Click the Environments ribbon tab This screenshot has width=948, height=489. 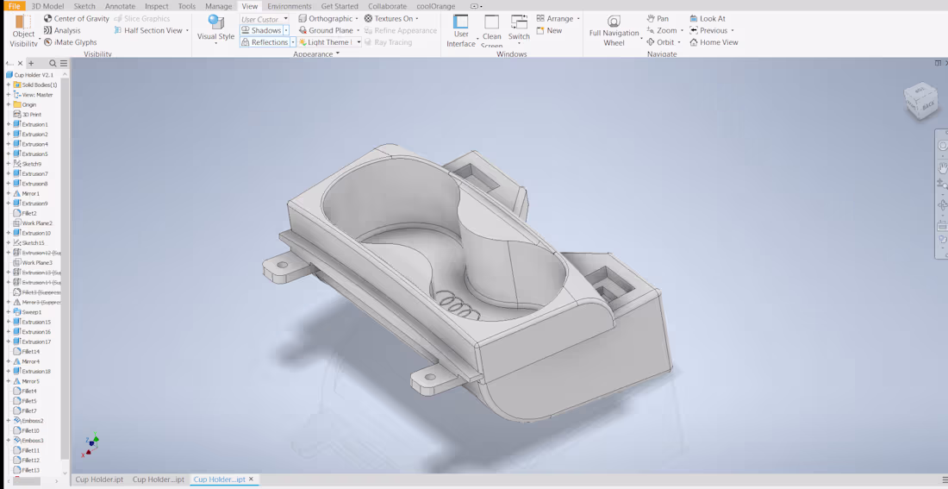[x=289, y=6]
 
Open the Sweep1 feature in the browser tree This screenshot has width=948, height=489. [x=32, y=312]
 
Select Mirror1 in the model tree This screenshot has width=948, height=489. [x=31, y=193]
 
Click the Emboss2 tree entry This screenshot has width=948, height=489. [x=33, y=421]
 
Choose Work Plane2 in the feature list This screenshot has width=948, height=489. [x=37, y=223]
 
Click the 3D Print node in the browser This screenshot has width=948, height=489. [x=31, y=115]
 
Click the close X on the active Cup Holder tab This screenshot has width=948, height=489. [x=252, y=480]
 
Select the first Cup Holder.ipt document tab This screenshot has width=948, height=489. [x=99, y=480]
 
